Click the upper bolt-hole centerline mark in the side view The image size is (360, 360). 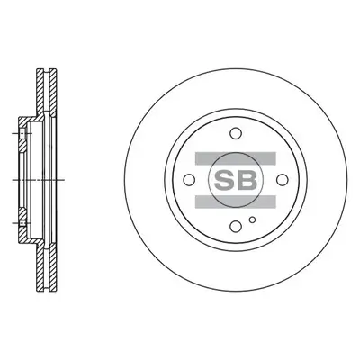(21, 136)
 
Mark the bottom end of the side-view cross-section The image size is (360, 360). (44, 290)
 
